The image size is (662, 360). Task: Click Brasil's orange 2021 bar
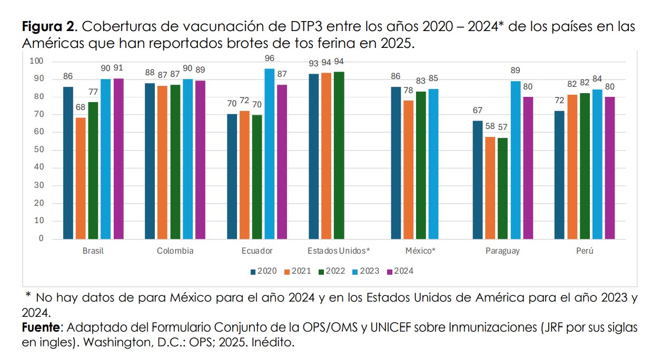click(81, 178)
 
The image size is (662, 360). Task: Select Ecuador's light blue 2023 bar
click(269, 154)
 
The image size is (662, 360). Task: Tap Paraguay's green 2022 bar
click(502, 188)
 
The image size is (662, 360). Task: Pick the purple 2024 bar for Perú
click(610, 168)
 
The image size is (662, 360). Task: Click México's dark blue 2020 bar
click(396, 163)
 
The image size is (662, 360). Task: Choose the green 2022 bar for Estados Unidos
click(339, 155)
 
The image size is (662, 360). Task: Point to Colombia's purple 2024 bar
click(200, 160)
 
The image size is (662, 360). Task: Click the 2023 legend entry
click(366, 271)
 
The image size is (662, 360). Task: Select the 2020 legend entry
click(264, 271)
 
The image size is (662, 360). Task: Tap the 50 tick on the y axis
click(39, 149)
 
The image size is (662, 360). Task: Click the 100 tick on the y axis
click(36, 61)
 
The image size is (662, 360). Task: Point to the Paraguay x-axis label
click(502, 251)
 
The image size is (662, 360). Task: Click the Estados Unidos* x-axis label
click(339, 251)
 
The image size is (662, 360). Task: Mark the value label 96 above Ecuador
click(270, 58)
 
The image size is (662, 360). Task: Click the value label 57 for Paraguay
click(502, 127)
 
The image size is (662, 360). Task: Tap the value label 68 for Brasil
click(81, 107)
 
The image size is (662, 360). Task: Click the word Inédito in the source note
click(273, 342)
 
